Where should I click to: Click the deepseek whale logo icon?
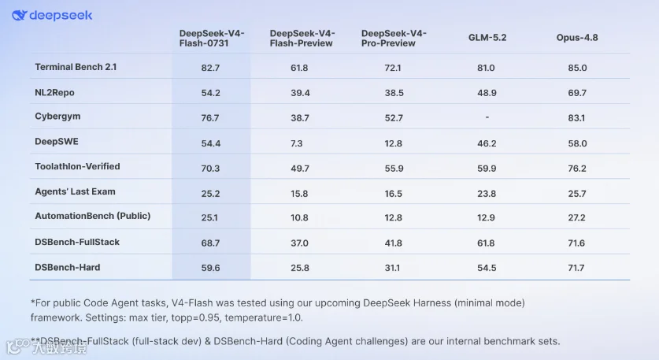pos(20,16)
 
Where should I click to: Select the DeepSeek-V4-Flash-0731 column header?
pos(212,39)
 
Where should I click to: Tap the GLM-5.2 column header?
pos(487,38)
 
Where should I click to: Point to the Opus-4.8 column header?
pos(577,38)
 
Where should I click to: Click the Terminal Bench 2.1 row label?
pos(76,67)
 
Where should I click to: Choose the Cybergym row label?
pos(57,117)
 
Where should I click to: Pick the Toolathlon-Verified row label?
pos(77,166)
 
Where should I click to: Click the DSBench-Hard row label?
pos(67,268)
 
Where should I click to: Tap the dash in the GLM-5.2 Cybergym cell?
pos(487,117)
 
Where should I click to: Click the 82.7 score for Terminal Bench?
pos(210,68)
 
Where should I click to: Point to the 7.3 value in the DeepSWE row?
pos(296,143)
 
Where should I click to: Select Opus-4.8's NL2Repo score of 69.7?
pos(577,93)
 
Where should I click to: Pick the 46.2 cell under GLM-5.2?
pos(487,143)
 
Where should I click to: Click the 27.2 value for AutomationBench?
pos(576,217)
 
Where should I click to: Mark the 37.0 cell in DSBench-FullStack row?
pos(299,243)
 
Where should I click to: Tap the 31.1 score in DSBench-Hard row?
pos(392,268)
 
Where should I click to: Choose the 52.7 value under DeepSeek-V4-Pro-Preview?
pos(394,118)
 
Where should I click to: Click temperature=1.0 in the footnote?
pos(264,317)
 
